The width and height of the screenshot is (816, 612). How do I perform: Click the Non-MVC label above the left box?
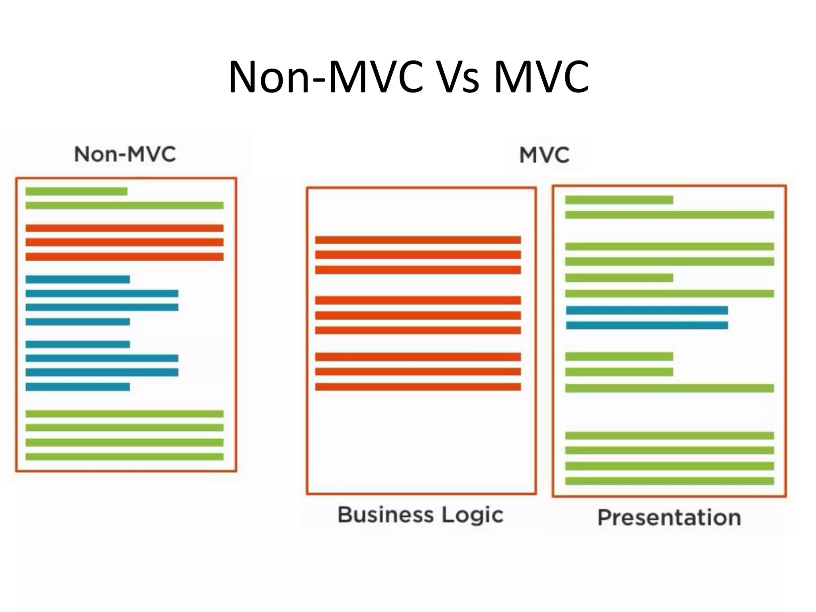[125, 154]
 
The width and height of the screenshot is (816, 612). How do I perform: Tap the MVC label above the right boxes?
[544, 155]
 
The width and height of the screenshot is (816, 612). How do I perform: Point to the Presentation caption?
[669, 518]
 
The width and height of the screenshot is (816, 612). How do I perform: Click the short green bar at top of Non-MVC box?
[76, 192]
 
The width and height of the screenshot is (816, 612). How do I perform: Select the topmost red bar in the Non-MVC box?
[124, 228]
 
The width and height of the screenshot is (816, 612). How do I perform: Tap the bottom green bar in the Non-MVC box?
[124, 457]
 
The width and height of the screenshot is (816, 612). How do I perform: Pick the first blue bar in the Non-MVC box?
[78, 279]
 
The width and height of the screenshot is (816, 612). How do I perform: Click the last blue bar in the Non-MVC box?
[78, 387]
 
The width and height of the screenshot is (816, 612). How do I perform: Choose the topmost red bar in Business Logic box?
[418, 240]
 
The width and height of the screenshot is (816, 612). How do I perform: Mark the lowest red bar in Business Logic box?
[418, 387]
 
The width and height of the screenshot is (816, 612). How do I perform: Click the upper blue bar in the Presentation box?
[647, 310]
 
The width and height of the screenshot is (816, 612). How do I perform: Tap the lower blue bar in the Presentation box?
[647, 326]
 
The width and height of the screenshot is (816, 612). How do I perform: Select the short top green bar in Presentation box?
[619, 200]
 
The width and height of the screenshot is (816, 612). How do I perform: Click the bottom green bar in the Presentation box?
[669, 481]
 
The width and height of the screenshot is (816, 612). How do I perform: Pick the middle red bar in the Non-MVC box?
[124, 242]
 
